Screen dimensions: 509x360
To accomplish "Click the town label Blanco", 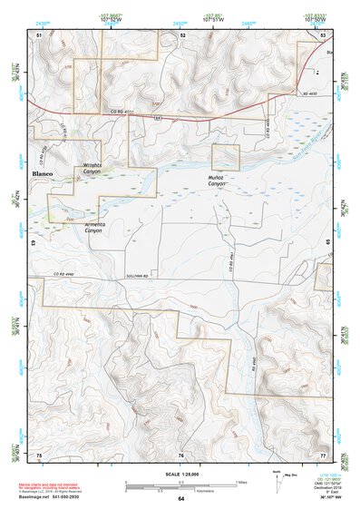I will tap(44, 172).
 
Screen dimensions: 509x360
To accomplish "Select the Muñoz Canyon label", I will tap(217, 180).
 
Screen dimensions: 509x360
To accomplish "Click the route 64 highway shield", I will tap(158, 117).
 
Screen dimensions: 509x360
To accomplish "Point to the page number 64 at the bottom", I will tap(180, 498).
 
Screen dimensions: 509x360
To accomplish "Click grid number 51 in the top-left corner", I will tap(38, 34).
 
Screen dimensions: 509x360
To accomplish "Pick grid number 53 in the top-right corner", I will tap(323, 34).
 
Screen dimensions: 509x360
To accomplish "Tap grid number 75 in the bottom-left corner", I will tap(38, 454).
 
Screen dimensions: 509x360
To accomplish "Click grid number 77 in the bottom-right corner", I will tap(323, 454).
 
